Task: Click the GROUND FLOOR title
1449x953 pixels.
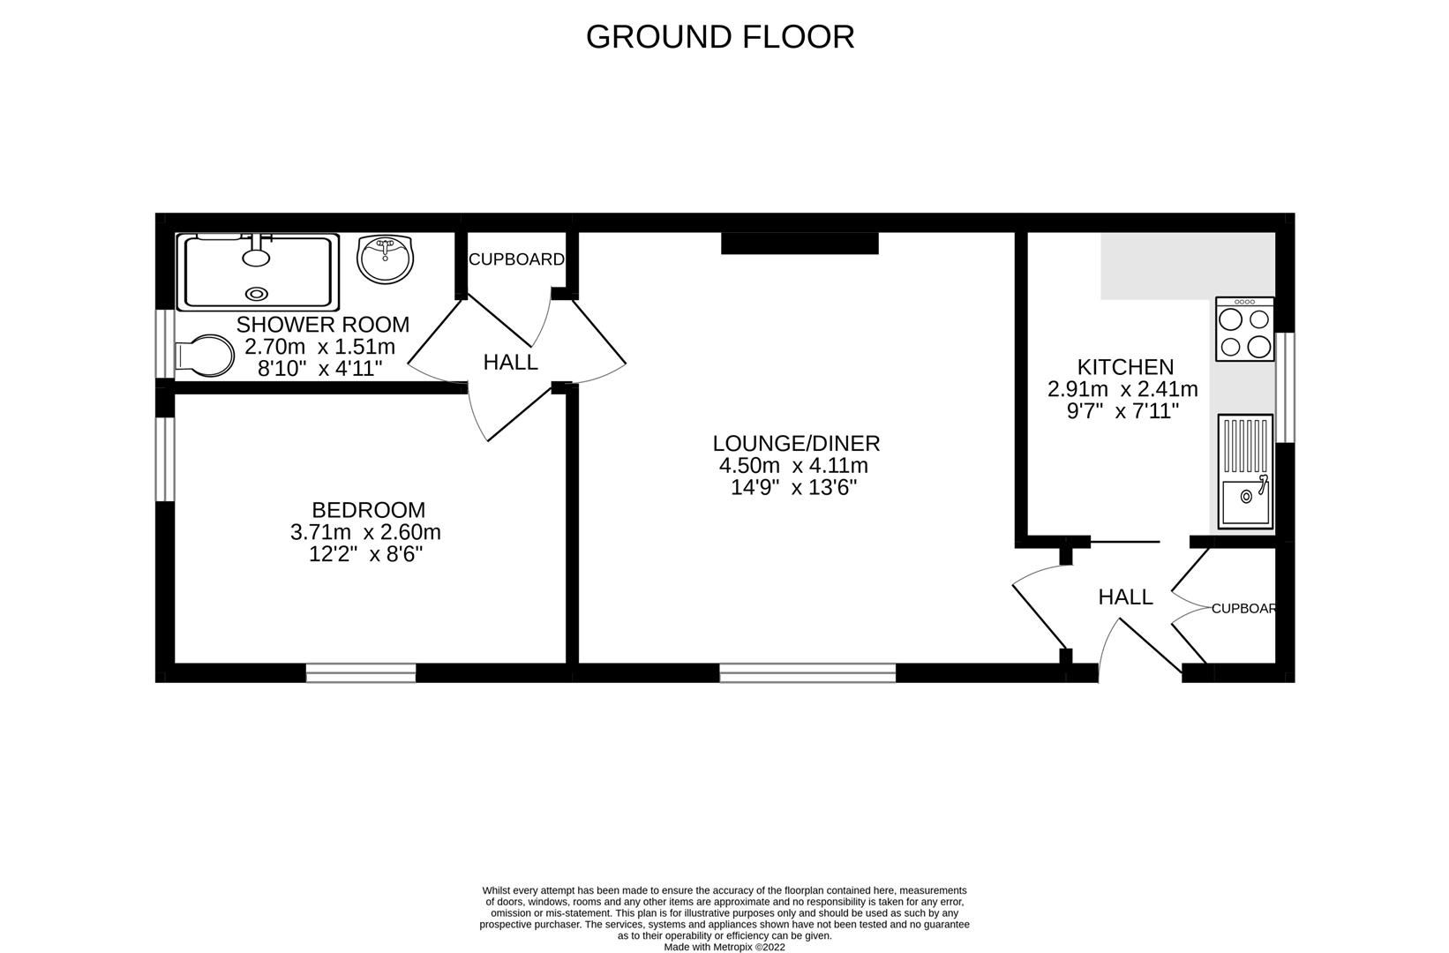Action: click(720, 37)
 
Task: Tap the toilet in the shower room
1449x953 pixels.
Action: click(205, 356)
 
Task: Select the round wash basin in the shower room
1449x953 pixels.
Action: click(385, 259)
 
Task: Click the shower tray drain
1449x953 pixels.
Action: click(257, 294)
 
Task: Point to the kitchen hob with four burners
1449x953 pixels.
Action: click(1244, 328)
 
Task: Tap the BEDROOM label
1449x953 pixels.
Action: click(369, 510)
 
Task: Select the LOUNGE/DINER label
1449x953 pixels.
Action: click(796, 443)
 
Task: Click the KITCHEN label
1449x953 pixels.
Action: click(1125, 367)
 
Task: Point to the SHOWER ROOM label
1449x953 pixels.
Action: click(323, 324)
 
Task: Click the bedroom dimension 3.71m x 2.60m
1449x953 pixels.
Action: click(365, 532)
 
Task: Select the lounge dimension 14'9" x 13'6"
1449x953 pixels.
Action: click(793, 487)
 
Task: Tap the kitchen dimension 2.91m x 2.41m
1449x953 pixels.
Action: click(1122, 389)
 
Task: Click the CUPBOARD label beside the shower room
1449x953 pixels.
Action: click(516, 259)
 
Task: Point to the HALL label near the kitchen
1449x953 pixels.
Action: click(1125, 597)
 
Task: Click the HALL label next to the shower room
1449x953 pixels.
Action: click(510, 363)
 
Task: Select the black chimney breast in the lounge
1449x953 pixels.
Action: click(800, 244)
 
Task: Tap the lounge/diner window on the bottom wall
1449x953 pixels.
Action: click(807, 673)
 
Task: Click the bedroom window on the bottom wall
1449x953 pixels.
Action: click(361, 673)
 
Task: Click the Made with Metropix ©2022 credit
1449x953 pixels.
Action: click(724, 947)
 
